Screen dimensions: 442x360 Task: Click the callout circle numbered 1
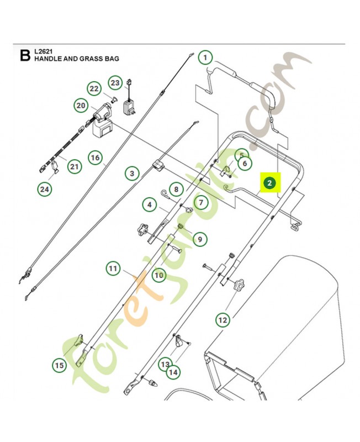(205, 57)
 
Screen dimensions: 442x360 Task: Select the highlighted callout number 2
(269, 183)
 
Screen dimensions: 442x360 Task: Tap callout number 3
(131, 173)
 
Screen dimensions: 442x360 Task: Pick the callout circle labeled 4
(149, 205)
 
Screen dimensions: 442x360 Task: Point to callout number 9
(200, 239)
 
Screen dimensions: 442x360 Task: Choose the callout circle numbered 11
(113, 269)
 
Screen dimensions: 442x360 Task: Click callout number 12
(223, 319)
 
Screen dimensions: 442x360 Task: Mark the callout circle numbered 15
(59, 365)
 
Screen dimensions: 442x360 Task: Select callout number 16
(95, 158)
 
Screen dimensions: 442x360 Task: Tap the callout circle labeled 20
(81, 105)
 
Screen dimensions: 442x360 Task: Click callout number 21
(75, 166)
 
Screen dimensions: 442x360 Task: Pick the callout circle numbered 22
(94, 88)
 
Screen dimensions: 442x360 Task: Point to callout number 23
(114, 83)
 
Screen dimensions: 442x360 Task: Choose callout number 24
(44, 190)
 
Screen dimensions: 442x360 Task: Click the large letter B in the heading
(24, 55)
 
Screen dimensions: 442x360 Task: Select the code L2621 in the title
(43, 51)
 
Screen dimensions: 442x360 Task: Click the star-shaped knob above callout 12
(239, 286)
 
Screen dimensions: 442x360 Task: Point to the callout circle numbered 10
(158, 274)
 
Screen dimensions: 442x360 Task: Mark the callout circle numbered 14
(173, 372)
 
